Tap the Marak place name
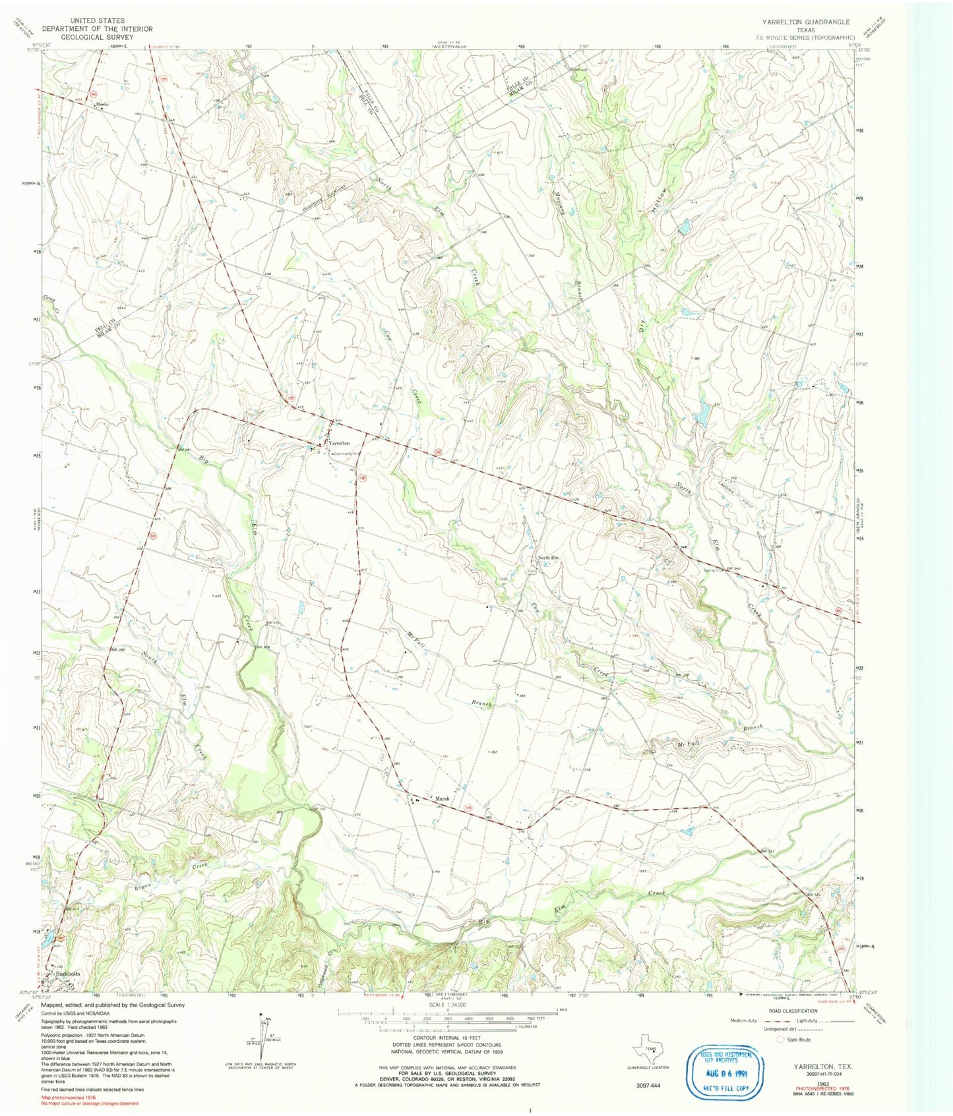[442, 798]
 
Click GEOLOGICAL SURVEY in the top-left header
[96, 37]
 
